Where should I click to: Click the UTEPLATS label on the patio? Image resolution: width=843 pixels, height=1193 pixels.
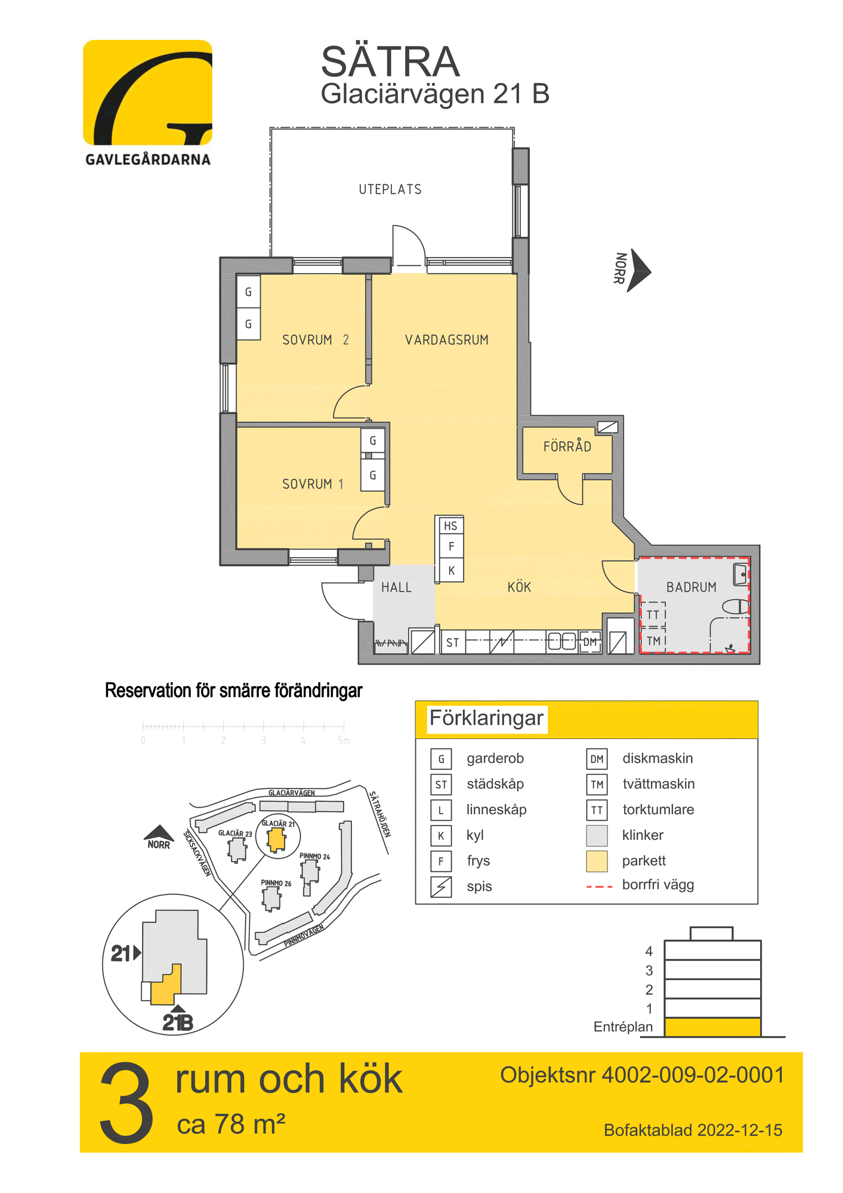(x=390, y=190)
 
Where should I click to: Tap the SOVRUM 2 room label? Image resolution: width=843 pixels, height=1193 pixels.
(x=315, y=340)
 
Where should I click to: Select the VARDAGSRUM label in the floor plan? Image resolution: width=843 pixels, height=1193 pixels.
(x=446, y=340)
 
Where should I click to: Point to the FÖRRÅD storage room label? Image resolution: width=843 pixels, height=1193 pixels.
(x=567, y=447)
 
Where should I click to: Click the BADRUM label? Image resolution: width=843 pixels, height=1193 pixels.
(x=691, y=588)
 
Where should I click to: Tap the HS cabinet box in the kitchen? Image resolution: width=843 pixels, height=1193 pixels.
(x=450, y=526)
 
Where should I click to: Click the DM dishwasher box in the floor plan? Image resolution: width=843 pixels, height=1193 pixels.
(x=589, y=642)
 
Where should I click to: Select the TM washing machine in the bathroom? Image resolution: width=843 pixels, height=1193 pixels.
(x=653, y=641)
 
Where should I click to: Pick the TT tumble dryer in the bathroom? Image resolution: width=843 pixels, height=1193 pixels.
(x=653, y=615)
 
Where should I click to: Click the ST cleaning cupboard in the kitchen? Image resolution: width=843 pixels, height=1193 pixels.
(x=453, y=643)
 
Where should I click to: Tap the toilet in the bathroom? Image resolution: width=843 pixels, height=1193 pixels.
(x=736, y=607)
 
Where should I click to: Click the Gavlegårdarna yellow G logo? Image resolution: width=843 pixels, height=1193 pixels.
(x=147, y=93)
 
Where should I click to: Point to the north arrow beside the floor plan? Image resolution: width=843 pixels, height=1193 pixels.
(x=639, y=270)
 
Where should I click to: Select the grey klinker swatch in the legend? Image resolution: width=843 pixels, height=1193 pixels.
(x=597, y=836)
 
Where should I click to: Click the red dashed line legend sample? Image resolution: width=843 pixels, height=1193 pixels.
(x=599, y=887)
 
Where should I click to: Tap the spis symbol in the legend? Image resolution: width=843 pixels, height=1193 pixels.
(x=441, y=887)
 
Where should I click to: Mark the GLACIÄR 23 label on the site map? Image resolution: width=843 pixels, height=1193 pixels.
(x=234, y=833)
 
